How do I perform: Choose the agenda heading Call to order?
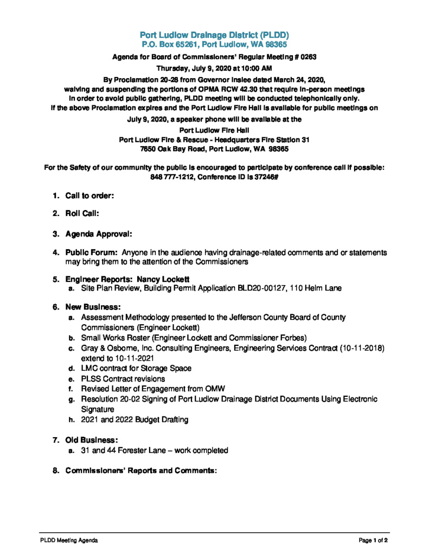pyautogui.click(x=89, y=195)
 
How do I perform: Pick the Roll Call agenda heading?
pyautogui.click(x=82, y=214)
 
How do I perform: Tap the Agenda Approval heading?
pyautogui.click(x=99, y=234)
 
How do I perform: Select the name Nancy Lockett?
pyautogui.click(x=163, y=279)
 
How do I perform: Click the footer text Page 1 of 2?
pyautogui.click(x=373, y=540)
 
